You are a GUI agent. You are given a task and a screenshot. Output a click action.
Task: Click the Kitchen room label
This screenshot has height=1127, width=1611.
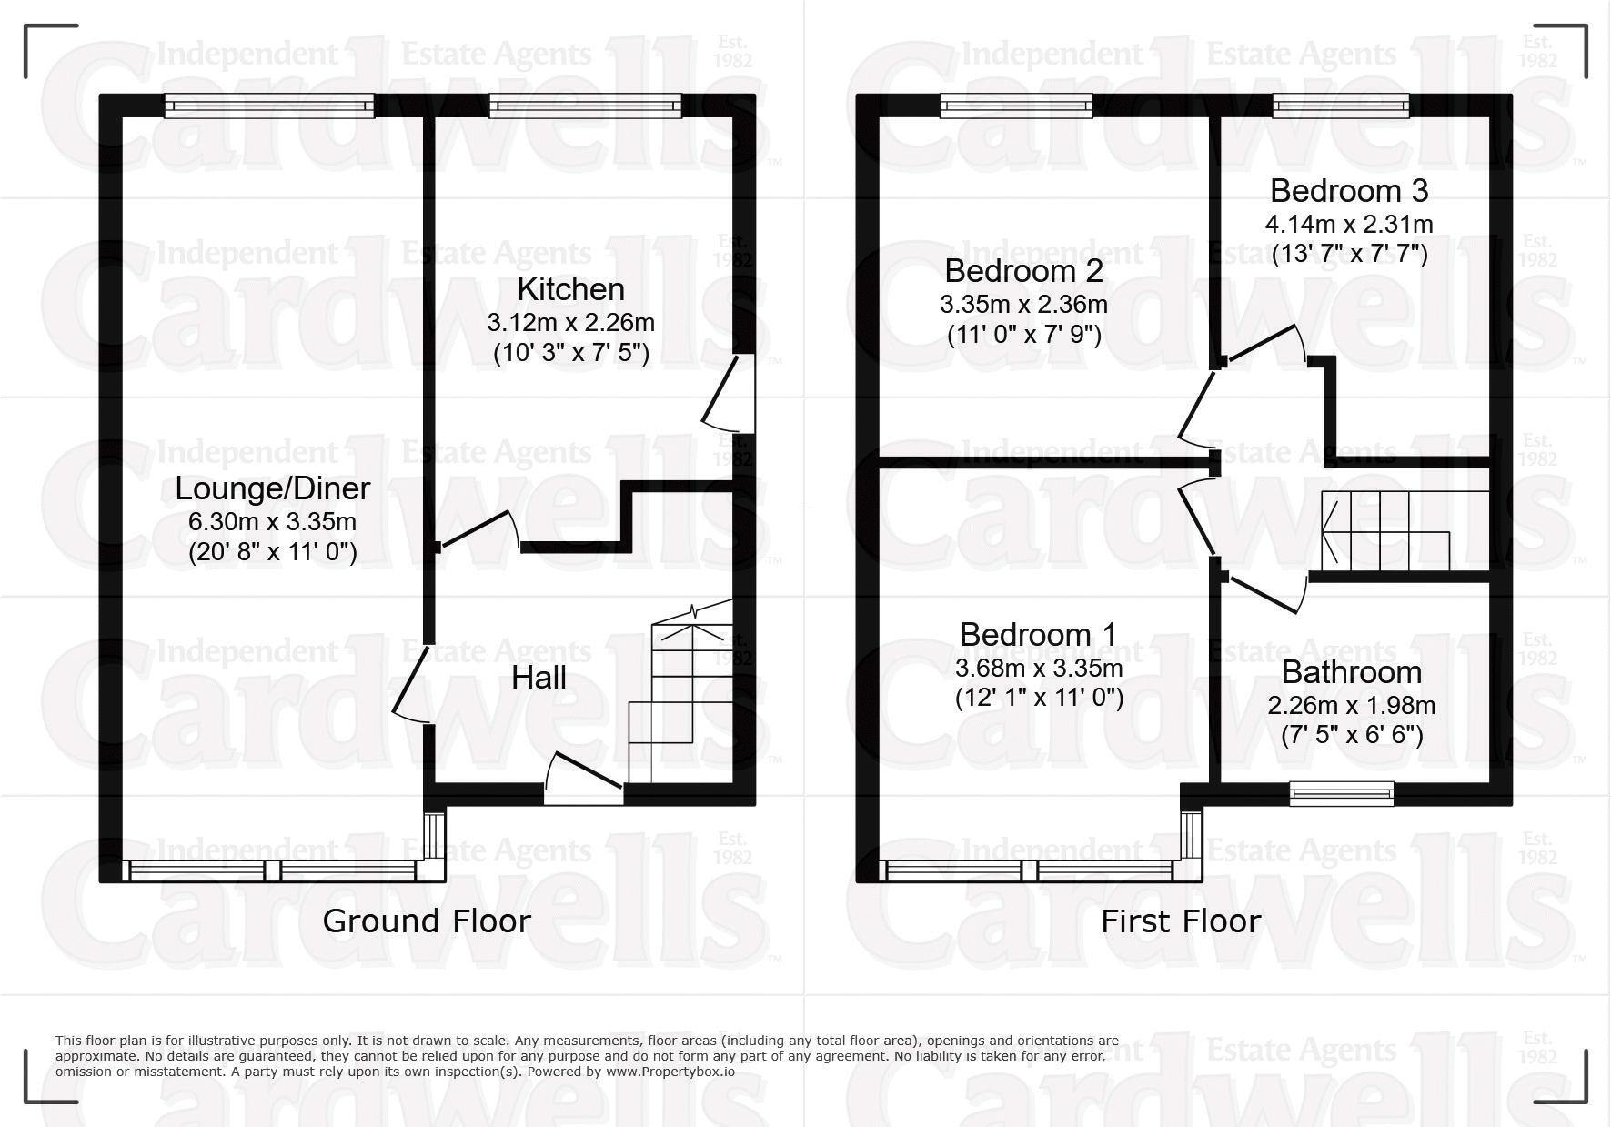point(570,289)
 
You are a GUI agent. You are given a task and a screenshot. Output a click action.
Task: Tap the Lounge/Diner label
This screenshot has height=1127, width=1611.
point(272,488)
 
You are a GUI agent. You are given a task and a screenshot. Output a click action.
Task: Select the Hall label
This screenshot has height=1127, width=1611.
point(539,678)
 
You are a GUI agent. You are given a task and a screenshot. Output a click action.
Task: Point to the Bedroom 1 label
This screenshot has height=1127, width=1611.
point(1038,634)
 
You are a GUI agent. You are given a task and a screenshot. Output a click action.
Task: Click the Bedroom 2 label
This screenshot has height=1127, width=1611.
point(1023,271)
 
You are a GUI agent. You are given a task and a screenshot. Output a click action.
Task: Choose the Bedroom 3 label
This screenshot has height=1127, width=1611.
point(1349,191)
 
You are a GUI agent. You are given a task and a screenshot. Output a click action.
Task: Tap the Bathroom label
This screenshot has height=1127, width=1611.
point(1351,672)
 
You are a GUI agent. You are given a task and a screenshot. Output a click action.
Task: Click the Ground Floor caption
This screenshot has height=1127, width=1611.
point(426,921)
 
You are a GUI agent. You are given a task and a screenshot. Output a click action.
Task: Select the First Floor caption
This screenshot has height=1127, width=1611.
point(1180,921)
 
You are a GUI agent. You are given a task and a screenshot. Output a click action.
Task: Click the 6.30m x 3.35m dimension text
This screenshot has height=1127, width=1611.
point(272,522)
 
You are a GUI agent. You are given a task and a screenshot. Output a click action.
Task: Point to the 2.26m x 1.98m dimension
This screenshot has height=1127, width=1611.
point(1351,705)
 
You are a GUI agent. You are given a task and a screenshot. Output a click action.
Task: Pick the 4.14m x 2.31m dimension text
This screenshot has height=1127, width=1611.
point(1349,224)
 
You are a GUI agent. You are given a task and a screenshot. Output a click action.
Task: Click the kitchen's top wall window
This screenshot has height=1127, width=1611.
point(585,107)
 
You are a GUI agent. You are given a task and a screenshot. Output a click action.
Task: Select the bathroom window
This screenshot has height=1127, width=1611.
point(1342,794)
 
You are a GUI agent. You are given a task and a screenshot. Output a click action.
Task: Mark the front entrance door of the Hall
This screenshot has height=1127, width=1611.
point(583,782)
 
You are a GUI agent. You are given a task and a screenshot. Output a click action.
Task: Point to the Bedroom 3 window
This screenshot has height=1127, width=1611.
point(1341,107)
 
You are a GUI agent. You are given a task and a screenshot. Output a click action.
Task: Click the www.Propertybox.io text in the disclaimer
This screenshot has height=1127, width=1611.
point(670,1072)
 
